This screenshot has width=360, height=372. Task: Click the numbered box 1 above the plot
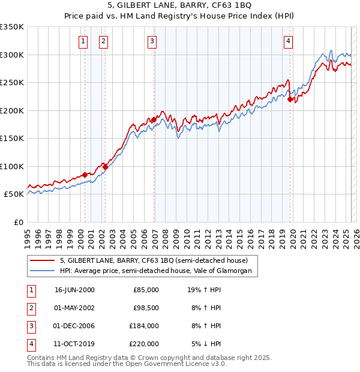tap(82, 41)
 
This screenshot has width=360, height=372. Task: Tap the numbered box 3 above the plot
tap(152, 41)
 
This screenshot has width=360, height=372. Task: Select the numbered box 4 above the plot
tap(289, 41)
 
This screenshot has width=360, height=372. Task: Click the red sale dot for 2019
tap(290, 100)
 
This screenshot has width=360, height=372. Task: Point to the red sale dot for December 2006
tap(154, 120)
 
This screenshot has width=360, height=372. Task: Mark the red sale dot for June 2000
tap(85, 175)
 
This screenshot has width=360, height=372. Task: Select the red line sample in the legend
tap(42, 260)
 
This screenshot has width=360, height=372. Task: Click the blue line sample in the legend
tap(42, 271)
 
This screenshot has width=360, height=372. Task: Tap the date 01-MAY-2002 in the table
tap(74, 307)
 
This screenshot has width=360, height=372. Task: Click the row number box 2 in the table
tap(31, 307)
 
